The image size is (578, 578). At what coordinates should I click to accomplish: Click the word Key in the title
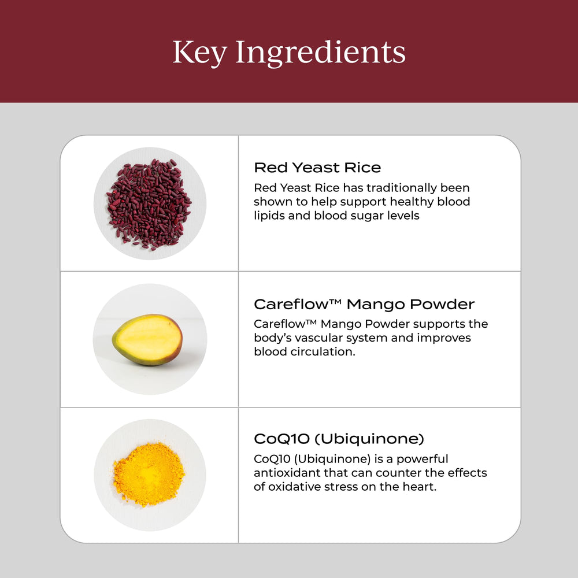[198, 53]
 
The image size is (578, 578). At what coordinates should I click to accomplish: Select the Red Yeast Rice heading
[317, 168]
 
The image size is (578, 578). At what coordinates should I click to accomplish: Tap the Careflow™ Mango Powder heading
[364, 304]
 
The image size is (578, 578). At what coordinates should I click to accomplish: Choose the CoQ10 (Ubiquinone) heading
[339, 439]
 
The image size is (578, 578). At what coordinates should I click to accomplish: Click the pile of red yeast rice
[149, 203]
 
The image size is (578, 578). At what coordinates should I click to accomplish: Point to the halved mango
[147, 340]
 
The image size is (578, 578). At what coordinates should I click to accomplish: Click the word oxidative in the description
[297, 487]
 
